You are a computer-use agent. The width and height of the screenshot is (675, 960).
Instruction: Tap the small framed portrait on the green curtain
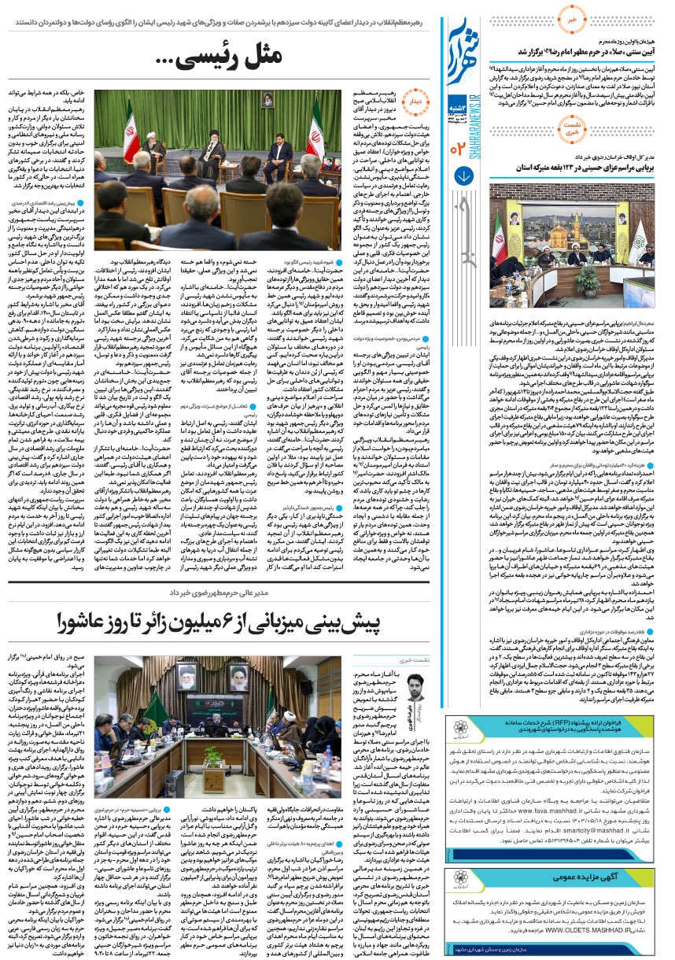pyautogui.click(x=267, y=99)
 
